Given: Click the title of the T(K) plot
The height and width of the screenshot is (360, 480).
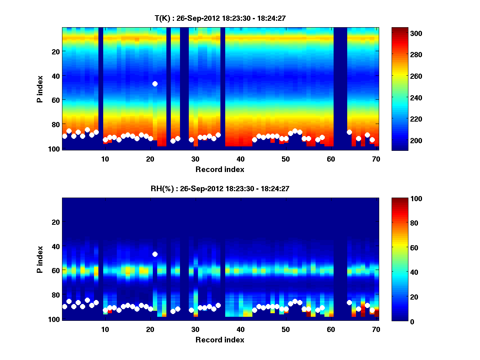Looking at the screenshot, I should (x=220, y=18).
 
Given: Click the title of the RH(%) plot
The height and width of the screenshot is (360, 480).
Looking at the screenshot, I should (x=220, y=189).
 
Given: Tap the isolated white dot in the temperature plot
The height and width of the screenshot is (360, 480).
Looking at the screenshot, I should (x=155, y=84).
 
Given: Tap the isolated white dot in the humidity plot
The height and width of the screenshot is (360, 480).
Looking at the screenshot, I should (x=155, y=254).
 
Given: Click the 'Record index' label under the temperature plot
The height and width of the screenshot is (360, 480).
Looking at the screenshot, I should (x=220, y=169).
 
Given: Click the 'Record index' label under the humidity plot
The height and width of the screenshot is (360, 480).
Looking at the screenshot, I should (x=220, y=340).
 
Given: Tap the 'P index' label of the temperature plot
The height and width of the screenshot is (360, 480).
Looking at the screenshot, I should (x=40, y=89).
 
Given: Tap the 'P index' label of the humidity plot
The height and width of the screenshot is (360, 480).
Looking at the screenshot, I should (x=40, y=260).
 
